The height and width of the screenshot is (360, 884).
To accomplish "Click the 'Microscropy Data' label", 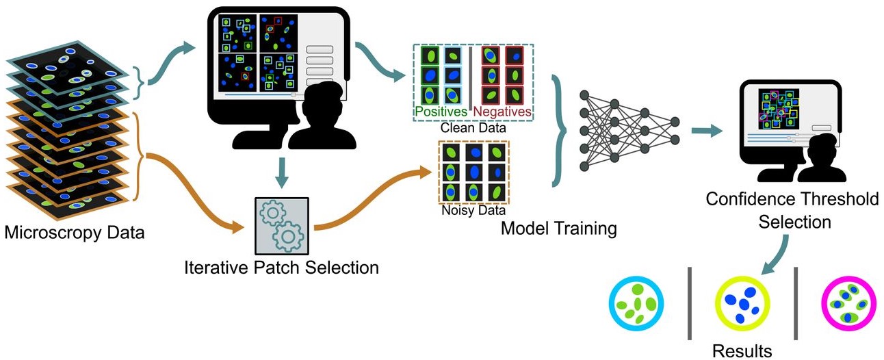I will point(75,233).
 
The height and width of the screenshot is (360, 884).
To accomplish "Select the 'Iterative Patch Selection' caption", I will point(281,267).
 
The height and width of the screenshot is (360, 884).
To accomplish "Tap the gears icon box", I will point(281,225).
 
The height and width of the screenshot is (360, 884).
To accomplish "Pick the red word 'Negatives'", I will point(503,111).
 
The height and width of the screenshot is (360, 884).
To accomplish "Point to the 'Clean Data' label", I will point(473,127).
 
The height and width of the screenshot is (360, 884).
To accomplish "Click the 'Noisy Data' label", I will point(473,211).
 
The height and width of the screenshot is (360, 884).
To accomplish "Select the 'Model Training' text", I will point(558,227).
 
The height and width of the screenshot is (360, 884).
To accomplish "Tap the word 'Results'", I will point(742,351).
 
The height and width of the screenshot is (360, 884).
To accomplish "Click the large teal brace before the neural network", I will point(561,130).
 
